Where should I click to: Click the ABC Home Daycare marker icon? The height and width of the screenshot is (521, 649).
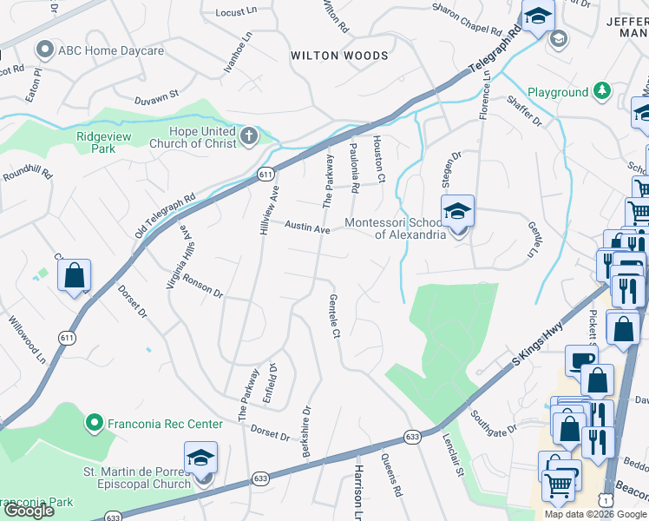coord(46,50)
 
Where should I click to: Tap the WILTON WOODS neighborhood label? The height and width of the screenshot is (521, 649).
coord(339,56)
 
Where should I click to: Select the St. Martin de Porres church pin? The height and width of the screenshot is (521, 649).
coord(200,458)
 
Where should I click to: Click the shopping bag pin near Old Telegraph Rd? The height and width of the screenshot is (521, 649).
coord(75,275)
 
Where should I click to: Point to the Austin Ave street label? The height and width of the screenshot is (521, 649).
coord(309,228)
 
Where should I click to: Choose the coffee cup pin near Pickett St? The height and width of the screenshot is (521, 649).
coord(580,359)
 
